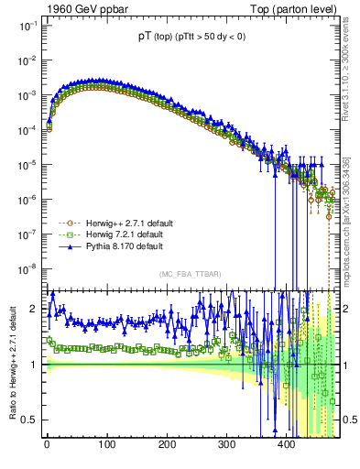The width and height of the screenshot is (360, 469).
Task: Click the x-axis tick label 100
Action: point(106,446)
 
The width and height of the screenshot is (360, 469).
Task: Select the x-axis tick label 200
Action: point(166,446)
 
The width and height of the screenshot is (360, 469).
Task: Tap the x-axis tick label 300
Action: point(226,446)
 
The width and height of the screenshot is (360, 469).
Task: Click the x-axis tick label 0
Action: point(47,446)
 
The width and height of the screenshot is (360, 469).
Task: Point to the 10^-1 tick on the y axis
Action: point(26,27)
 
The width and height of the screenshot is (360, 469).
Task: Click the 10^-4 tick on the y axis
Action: point(26,130)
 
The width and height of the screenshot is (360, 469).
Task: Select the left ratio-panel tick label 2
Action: point(32,309)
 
